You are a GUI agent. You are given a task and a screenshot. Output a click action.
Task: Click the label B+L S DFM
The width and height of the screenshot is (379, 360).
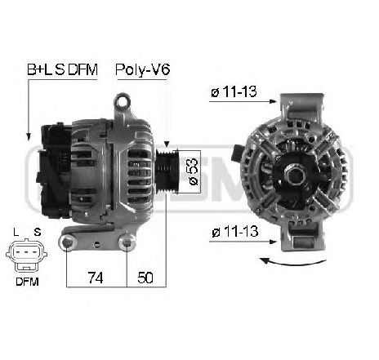(62, 71)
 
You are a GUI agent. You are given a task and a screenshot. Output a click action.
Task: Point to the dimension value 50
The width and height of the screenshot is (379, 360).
(146, 277)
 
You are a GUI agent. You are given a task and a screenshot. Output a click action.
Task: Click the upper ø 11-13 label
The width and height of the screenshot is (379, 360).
(231, 93)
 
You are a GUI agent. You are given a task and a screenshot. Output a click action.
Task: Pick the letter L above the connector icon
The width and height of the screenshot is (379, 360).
(16, 232)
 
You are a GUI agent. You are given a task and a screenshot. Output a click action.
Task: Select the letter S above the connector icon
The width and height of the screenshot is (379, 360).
(38, 232)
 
